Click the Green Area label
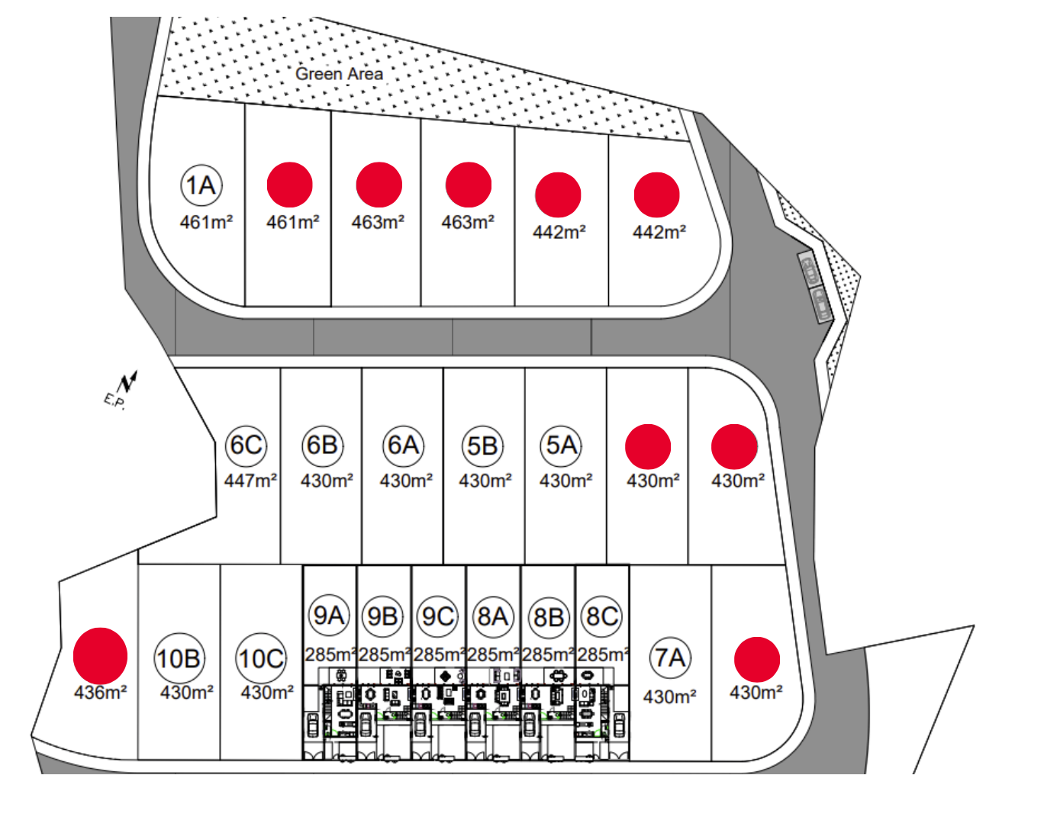[x=339, y=74]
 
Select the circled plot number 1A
[x=201, y=185]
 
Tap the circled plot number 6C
[x=246, y=445]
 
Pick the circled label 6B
[x=323, y=445]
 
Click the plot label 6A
[x=403, y=445]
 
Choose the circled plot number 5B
[x=482, y=445]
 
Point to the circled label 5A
[x=562, y=445]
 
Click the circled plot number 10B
[x=178, y=658]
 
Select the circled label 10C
[x=261, y=658]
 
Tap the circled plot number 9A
[x=329, y=616]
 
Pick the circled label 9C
[x=438, y=616]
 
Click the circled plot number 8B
[x=548, y=616]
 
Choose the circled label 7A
[x=670, y=658]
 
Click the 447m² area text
[x=250, y=481]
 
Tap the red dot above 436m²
[x=100, y=655]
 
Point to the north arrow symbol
[x=128, y=382]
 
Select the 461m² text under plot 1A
[x=206, y=222]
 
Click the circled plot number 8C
[x=602, y=616]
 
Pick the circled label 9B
[x=383, y=616]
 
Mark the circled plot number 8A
[x=493, y=616]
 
